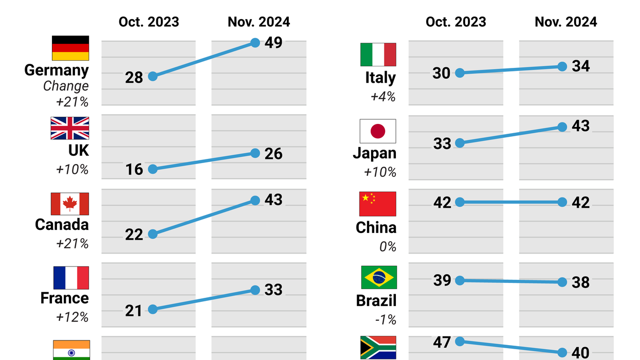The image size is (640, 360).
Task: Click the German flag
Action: pyautogui.click(x=70, y=48)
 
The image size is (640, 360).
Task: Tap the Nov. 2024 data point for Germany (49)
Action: pyautogui.click(x=255, y=43)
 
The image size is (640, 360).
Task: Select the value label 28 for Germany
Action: pyautogui.click(x=134, y=77)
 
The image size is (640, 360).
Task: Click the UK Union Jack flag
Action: pyautogui.click(x=70, y=128)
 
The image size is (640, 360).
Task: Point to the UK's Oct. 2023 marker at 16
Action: pyautogui.click(x=153, y=169)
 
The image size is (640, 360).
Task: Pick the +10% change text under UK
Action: pyautogui.click(x=72, y=169)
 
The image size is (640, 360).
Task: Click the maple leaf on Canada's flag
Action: pyautogui.click(x=70, y=204)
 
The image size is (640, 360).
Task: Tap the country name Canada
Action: pyautogui.click(x=62, y=225)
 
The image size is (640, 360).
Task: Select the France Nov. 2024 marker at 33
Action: pyautogui.click(x=255, y=290)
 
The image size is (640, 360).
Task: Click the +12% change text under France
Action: pyautogui.click(x=72, y=317)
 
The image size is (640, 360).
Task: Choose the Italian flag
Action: pyautogui.click(x=378, y=55)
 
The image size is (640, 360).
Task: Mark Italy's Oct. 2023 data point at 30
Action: pyautogui.click(x=460, y=73)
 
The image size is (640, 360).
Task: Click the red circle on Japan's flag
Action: pyautogui.click(x=378, y=131)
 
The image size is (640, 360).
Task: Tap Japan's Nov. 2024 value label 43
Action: pyautogui.click(x=581, y=126)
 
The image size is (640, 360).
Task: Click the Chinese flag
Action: pyautogui.click(x=378, y=204)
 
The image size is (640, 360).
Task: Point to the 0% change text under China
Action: pyautogui.click(x=388, y=247)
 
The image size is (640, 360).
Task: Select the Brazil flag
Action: pyautogui.click(x=378, y=278)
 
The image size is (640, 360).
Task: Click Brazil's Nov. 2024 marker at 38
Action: pyautogui.click(x=562, y=282)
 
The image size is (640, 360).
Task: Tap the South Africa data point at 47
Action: pyautogui.click(x=460, y=341)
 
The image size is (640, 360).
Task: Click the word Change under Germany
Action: pyautogui.click(x=66, y=86)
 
